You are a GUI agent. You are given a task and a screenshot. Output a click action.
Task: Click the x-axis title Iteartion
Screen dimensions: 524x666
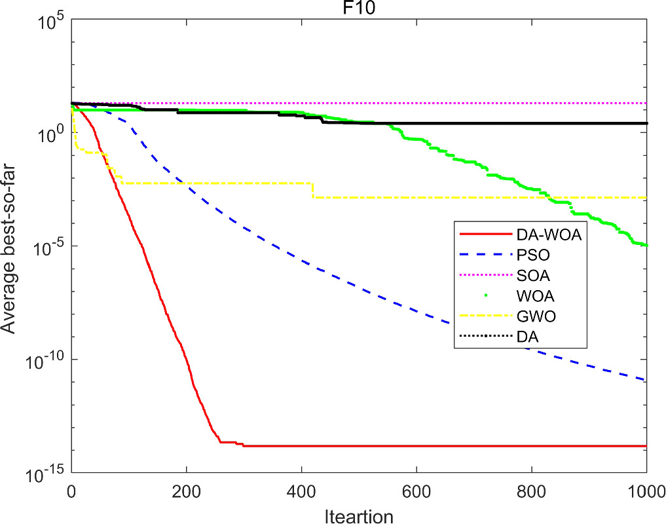[359, 515]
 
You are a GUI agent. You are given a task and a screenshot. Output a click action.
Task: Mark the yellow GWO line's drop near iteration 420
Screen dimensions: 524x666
[312, 190]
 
